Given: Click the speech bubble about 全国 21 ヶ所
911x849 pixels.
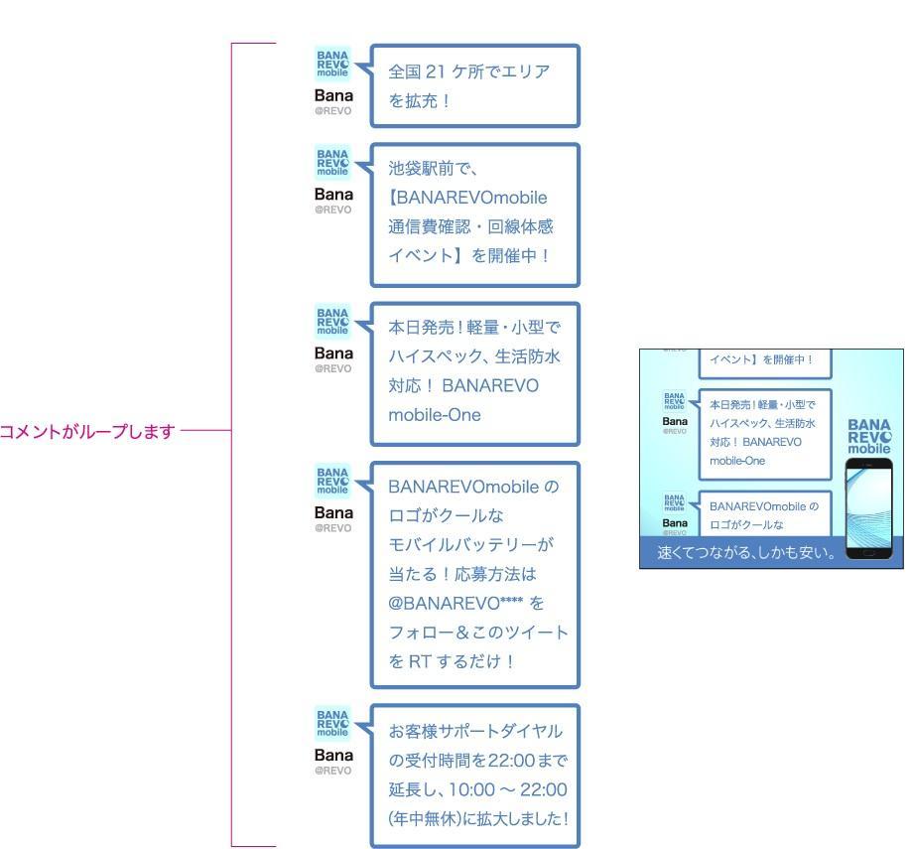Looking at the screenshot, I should coord(473,85).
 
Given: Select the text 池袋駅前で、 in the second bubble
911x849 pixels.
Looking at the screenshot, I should coord(434,169).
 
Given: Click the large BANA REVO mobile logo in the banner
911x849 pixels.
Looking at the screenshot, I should coord(869,435).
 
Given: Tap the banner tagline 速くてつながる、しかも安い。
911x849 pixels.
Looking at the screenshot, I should coord(743,552).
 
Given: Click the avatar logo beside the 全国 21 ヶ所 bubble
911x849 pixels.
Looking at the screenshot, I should coord(332,63).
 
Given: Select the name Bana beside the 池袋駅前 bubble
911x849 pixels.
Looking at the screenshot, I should coord(333,195).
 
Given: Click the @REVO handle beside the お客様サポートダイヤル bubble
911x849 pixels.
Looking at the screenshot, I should coord(333,771).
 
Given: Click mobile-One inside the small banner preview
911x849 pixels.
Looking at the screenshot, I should coord(737,461).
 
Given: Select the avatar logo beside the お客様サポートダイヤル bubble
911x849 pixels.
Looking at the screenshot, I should coord(332,724).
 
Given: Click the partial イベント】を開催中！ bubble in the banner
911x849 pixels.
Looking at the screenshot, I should coord(761,359).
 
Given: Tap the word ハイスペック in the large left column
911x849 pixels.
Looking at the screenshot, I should coord(434,355).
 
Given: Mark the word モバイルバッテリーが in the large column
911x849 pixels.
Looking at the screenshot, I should coord(470,545).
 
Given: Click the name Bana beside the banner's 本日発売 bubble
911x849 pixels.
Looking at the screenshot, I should coord(675,422).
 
